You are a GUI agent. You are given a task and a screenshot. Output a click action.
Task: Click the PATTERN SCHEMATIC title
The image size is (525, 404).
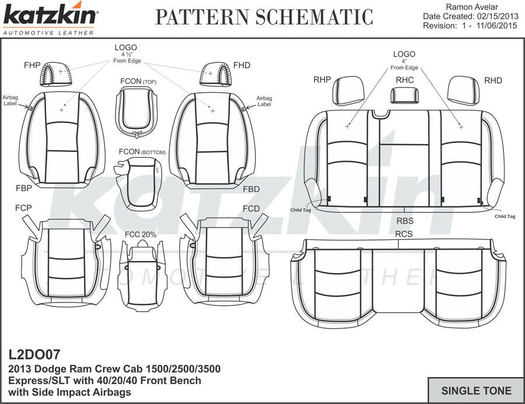click(x=264, y=18)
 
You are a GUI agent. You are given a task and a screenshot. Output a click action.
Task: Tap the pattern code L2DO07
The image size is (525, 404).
click(x=34, y=354)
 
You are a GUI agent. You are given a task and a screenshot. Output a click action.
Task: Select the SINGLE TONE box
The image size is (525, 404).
click(x=475, y=391)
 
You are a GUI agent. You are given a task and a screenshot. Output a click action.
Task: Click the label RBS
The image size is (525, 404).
click(x=405, y=221)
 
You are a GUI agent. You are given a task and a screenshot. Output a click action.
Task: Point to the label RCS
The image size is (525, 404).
click(x=404, y=234)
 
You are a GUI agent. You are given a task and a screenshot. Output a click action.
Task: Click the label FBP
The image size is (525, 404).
click(x=24, y=189)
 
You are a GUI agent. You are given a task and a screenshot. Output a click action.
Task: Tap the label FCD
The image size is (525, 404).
click(x=251, y=209)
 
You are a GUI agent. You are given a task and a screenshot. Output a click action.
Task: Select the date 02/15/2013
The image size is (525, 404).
click(x=497, y=16)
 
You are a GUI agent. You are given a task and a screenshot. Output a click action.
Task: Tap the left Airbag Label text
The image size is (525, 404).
click(x=11, y=101)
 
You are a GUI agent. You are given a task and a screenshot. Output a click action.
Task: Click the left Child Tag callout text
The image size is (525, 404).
click(x=300, y=210)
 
